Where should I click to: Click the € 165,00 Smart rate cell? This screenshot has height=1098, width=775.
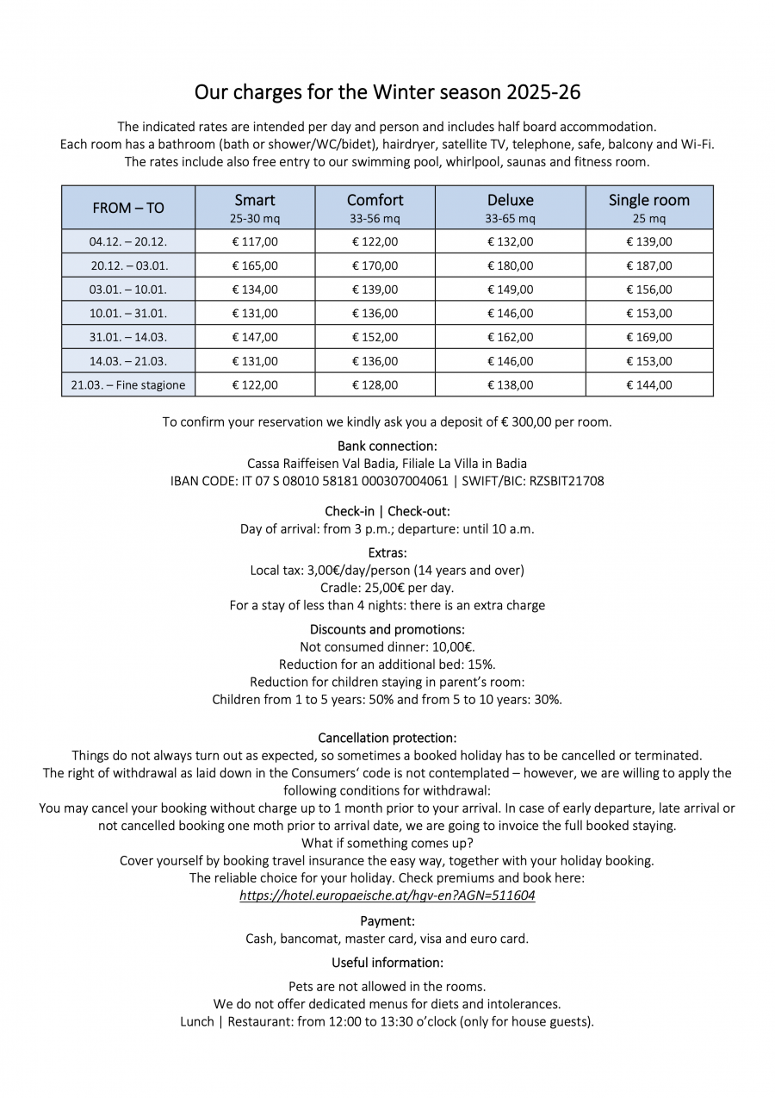coord(255,265)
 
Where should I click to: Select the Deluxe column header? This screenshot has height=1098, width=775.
coord(510,208)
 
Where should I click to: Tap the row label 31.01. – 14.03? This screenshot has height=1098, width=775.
coord(128,337)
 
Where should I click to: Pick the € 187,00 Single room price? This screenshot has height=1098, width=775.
coord(649,265)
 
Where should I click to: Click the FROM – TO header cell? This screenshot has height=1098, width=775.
coord(128,208)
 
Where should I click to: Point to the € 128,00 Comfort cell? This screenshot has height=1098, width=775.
coord(375,385)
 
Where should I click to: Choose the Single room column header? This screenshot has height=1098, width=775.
coord(649,208)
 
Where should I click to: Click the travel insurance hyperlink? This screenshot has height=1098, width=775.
coord(387,895)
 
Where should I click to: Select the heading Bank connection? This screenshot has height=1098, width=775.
coord(387,446)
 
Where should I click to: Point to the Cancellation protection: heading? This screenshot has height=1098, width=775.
coord(387,738)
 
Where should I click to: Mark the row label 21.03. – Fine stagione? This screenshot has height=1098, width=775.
coord(128,385)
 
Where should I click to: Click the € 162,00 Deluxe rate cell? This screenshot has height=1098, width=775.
coord(510,337)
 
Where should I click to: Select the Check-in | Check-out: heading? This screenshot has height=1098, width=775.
coord(387,511)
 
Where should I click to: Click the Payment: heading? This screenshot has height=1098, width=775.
coord(387,921)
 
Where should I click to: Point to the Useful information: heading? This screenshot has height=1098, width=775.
coord(387,963)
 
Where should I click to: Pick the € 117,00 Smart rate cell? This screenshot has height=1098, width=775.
coord(255,242)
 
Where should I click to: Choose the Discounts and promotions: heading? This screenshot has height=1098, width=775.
coord(387,629)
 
